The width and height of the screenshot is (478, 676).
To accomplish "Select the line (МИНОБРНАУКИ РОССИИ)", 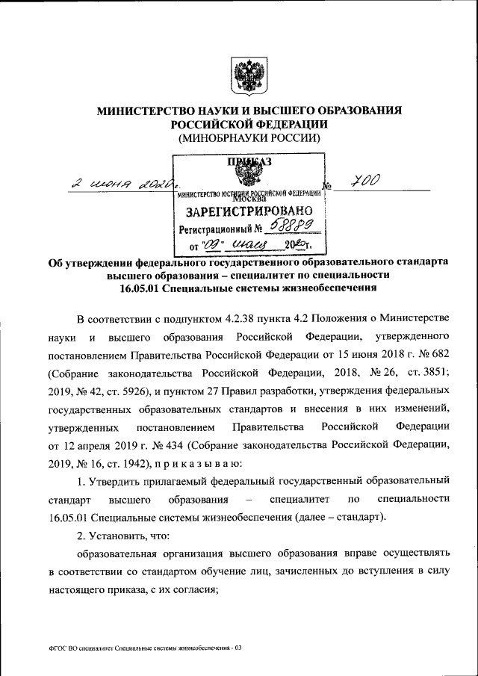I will [x=249, y=138].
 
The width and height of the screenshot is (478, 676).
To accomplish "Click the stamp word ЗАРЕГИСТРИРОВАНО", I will [x=249, y=212].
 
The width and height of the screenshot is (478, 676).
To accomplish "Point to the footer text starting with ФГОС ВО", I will [x=141, y=648].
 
